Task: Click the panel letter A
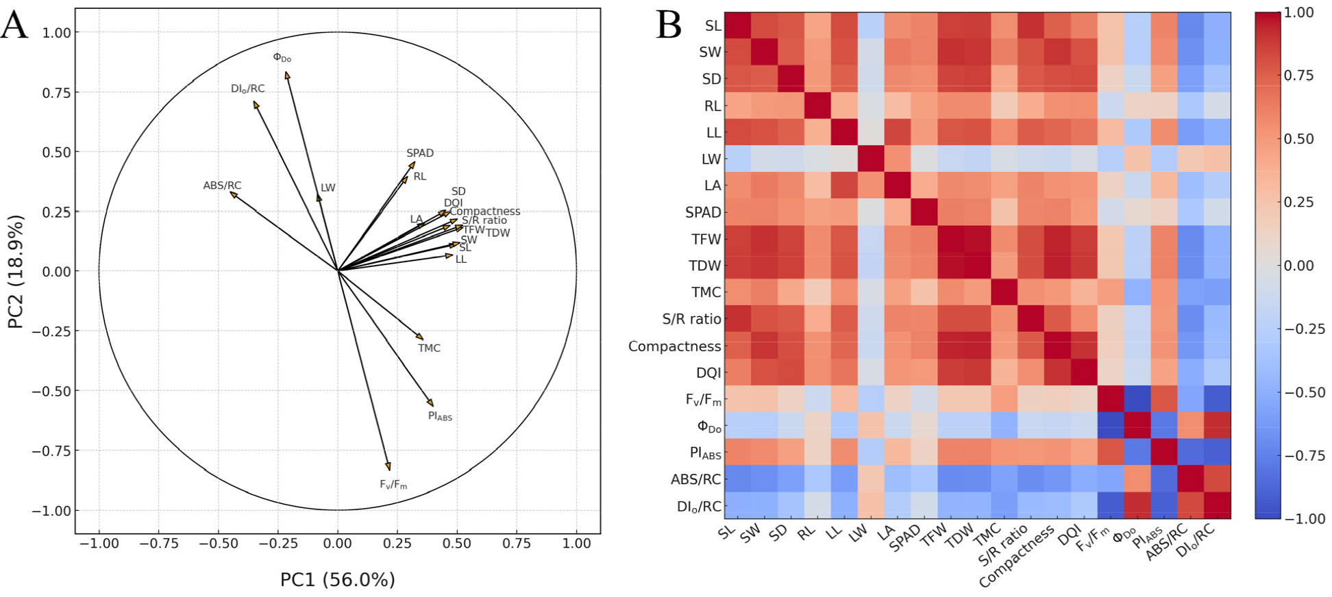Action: (15, 26)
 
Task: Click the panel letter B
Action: (669, 26)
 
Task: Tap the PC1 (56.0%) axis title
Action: (337, 580)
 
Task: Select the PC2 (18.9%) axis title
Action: (16, 271)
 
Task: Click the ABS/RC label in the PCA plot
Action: (222, 186)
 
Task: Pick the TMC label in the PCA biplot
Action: (429, 348)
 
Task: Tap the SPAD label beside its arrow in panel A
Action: (420, 153)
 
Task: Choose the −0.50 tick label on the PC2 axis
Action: (51, 391)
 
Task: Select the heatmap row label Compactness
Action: (674, 346)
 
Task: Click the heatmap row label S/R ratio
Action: (691, 319)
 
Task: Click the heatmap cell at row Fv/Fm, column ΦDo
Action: (1137, 399)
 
